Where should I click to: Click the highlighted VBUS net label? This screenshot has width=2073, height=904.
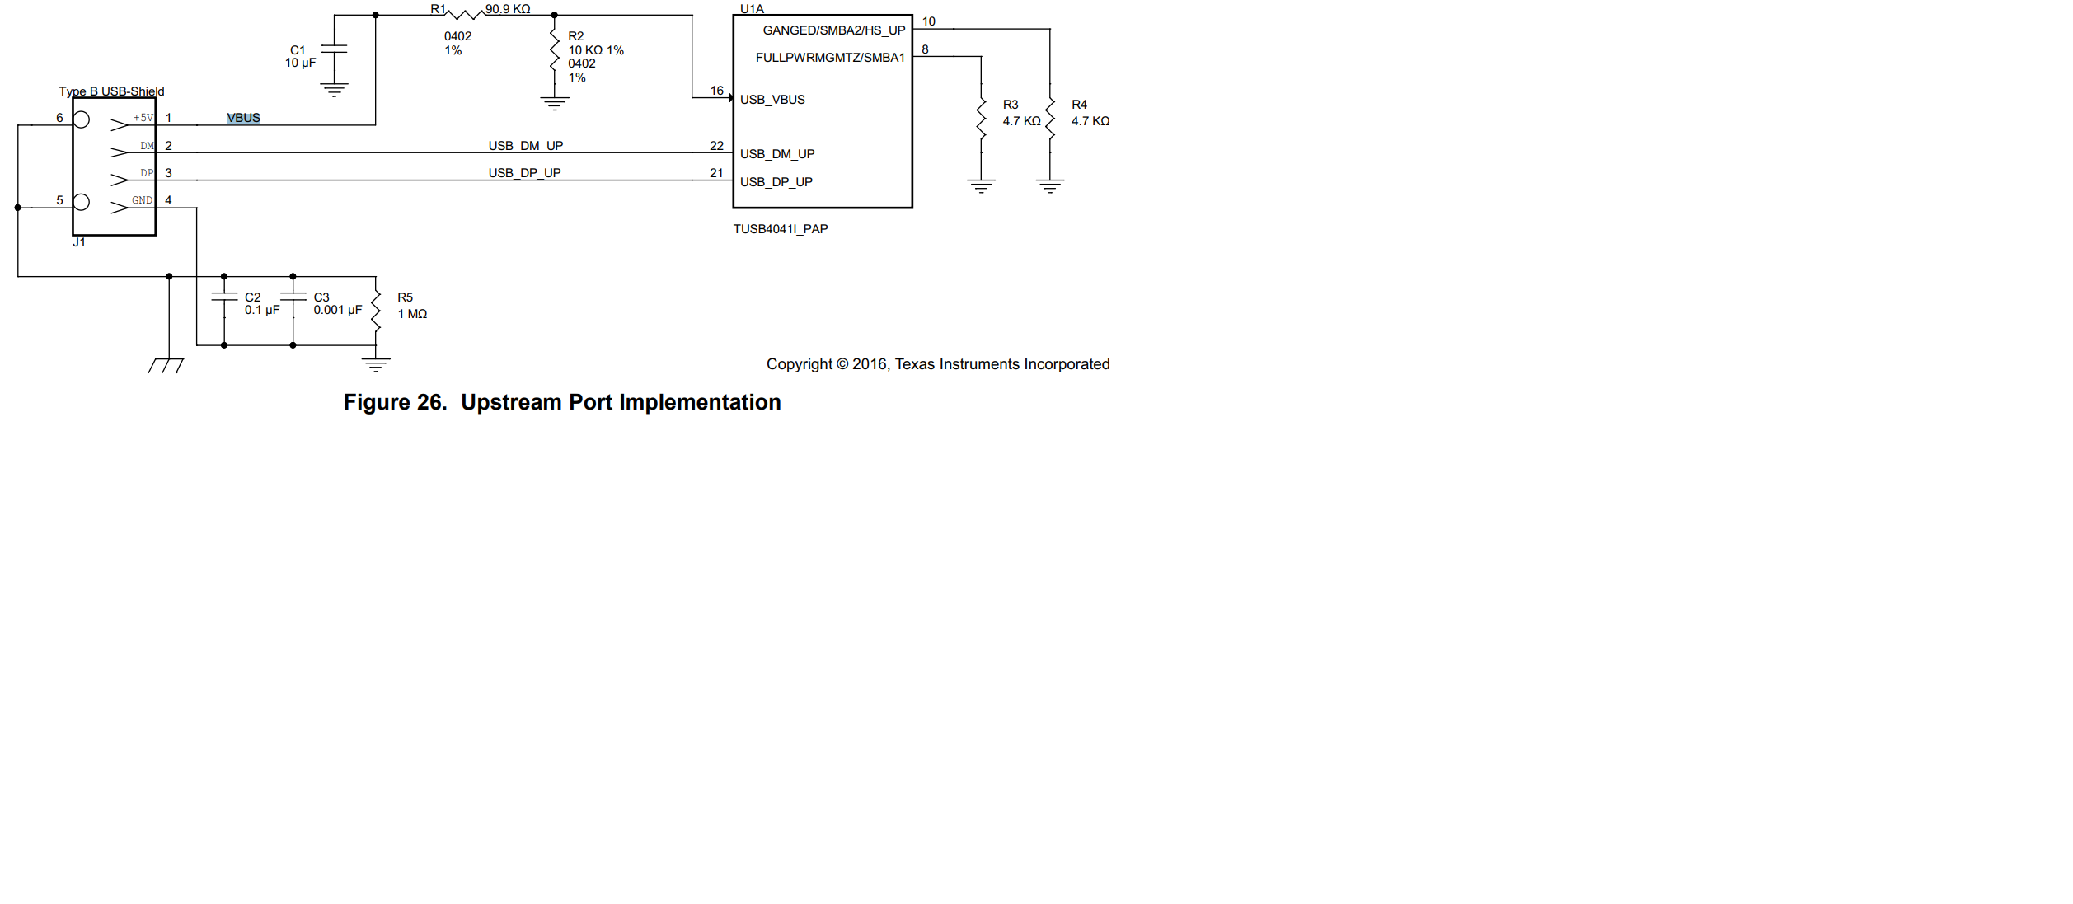click(x=244, y=118)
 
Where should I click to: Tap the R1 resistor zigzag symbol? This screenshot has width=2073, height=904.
click(x=465, y=14)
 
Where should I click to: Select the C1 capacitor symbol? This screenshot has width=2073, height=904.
click(x=334, y=49)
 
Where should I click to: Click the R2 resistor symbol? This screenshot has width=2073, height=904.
click(x=555, y=49)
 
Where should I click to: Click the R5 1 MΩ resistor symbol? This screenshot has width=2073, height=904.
click(x=376, y=311)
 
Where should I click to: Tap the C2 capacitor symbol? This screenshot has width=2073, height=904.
click(x=224, y=296)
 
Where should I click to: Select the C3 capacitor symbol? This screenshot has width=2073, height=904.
click(x=293, y=296)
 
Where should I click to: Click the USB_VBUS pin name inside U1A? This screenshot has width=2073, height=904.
click(x=772, y=100)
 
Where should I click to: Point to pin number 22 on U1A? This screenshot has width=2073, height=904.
click(x=716, y=146)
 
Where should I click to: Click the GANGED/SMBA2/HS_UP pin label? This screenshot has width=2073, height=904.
click(x=834, y=30)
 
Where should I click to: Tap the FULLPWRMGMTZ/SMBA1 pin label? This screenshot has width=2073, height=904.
click(x=830, y=58)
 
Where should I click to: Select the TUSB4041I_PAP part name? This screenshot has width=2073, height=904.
click(x=781, y=229)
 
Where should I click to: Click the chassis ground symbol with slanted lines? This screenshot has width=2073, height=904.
click(x=166, y=365)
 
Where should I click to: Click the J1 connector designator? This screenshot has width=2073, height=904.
click(x=79, y=242)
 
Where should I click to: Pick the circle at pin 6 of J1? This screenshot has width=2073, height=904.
click(x=82, y=119)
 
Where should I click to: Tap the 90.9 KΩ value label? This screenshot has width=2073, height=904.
click(x=508, y=9)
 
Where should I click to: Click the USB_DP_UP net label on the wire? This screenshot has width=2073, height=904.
click(x=524, y=173)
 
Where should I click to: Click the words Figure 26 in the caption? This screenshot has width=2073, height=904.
click(x=395, y=402)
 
